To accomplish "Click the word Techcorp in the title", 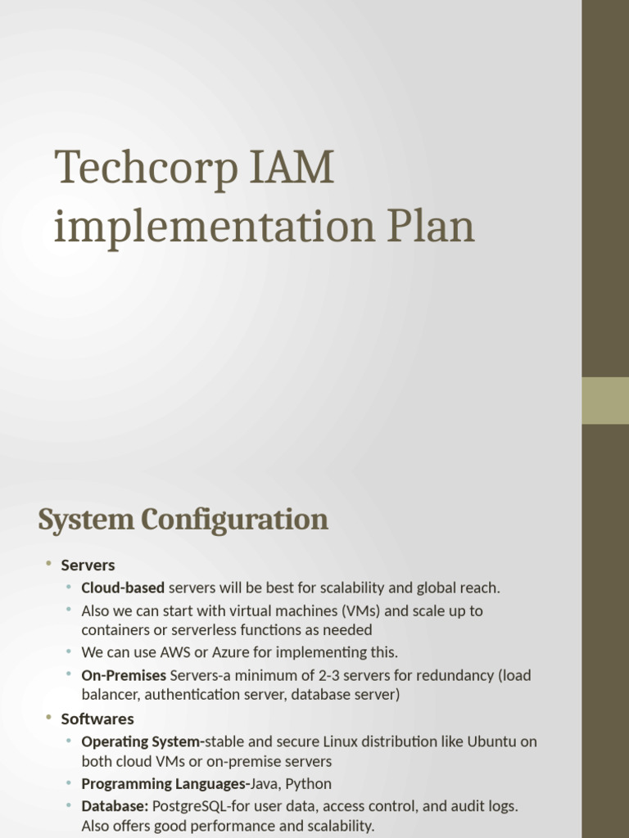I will click(x=142, y=168).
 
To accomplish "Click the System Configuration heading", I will click(x=183, y=520).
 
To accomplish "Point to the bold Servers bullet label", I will click(x=88, y=565).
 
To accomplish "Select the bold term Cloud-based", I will click(x=123, y=588).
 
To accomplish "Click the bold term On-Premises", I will click(x=124, y=675).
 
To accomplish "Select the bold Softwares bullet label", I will click(x=97, y=719).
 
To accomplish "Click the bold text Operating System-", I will click(x=143, y=741).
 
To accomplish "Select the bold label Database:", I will click(x=115, y=806).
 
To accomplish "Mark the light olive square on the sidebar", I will click(x=605, y=400).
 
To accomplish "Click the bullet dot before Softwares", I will click(x=48, y=718).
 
